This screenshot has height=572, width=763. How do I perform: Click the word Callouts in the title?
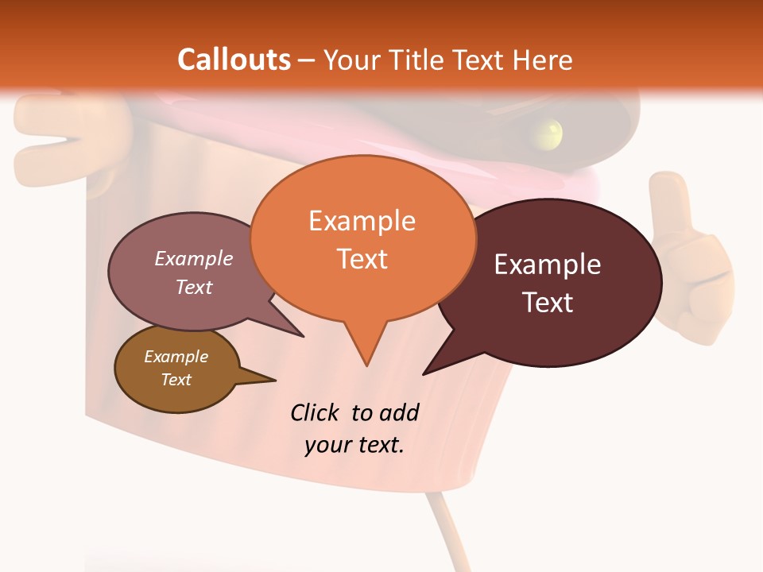(x=234, y=60)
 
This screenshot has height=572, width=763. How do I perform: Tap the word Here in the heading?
(x=540, y=60)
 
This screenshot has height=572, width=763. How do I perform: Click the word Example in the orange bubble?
(x=362, y=220)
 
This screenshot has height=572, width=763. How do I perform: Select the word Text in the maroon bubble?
(x=548, y=302)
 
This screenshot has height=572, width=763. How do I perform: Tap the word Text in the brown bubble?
(x=176, y=380)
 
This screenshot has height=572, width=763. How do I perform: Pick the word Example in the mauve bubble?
(x=194, y=258)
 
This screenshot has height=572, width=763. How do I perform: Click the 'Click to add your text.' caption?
(x=354, y=428)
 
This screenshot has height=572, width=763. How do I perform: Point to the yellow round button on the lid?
(x=548, y=133)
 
